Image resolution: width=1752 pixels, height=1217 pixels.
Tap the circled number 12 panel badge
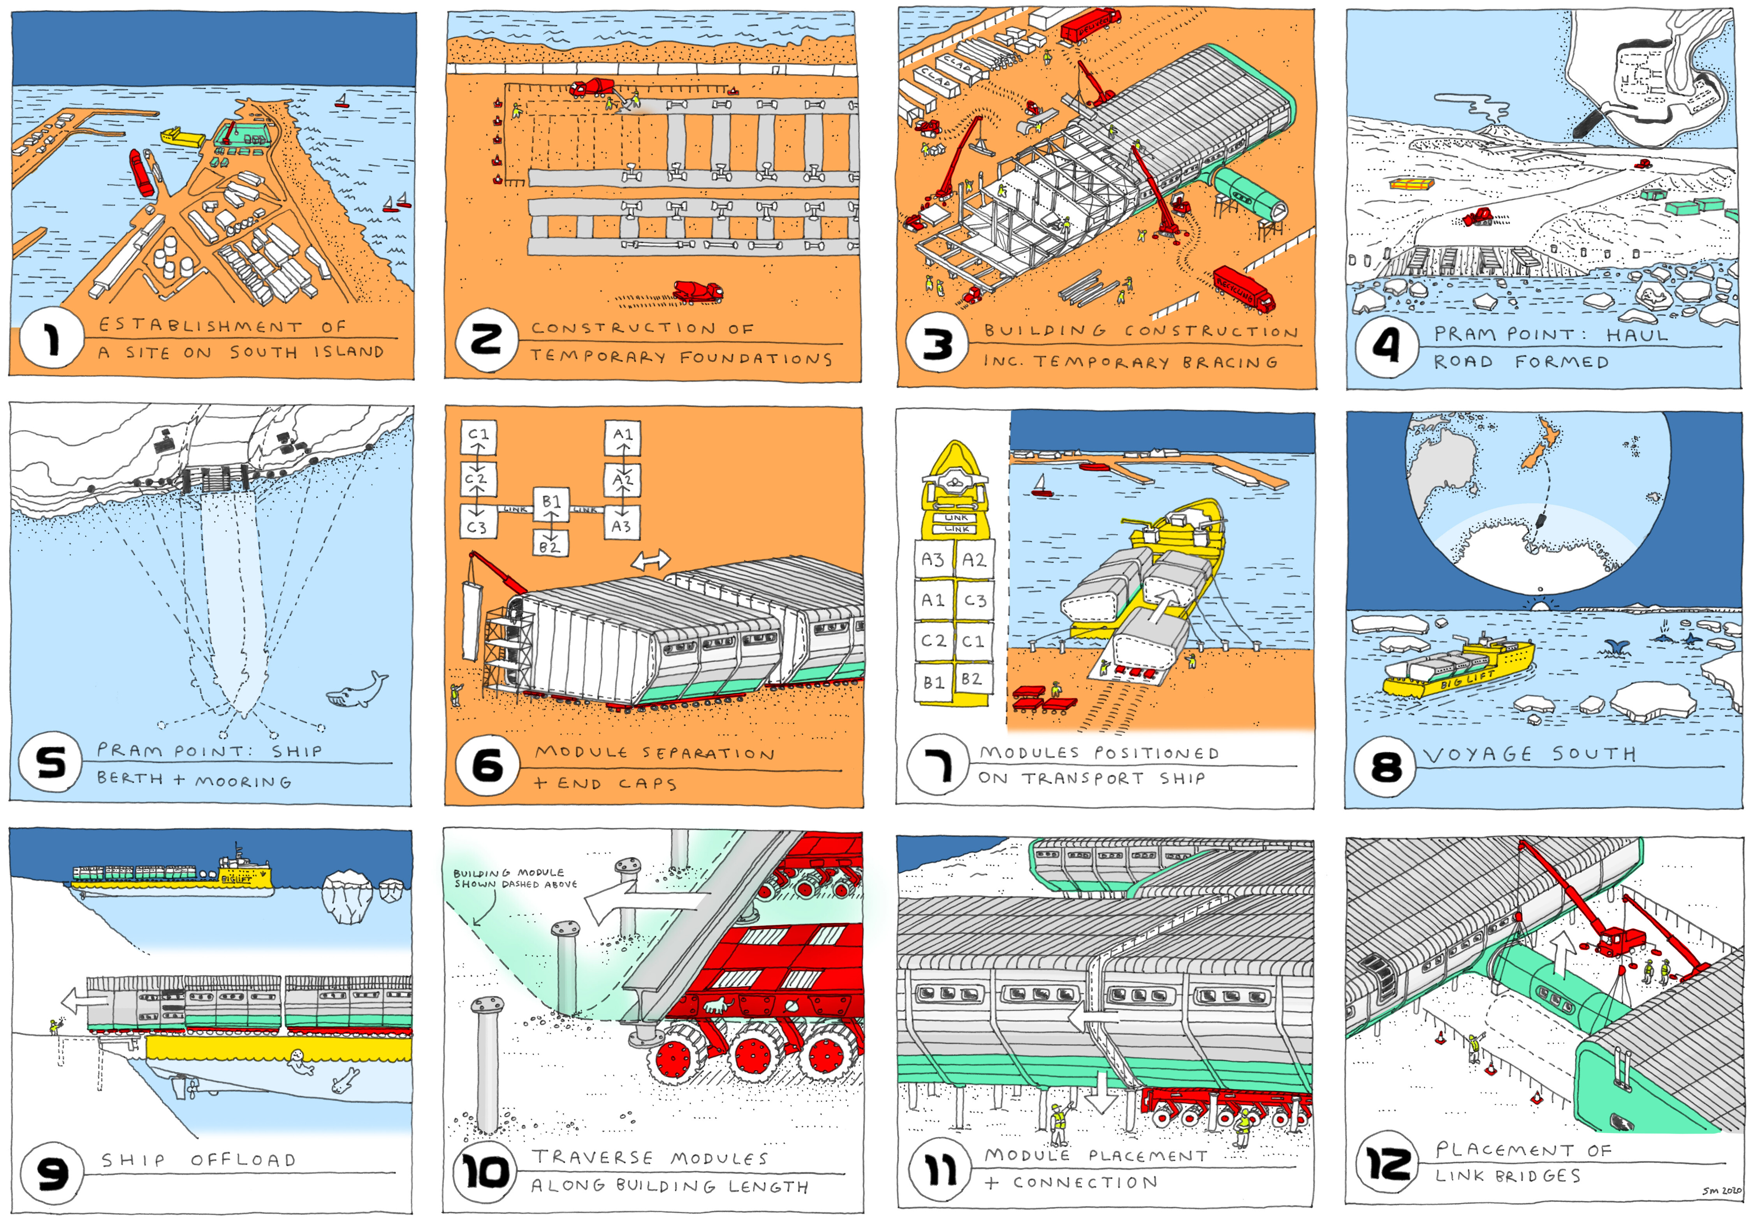click(x=1387, y=1164)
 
